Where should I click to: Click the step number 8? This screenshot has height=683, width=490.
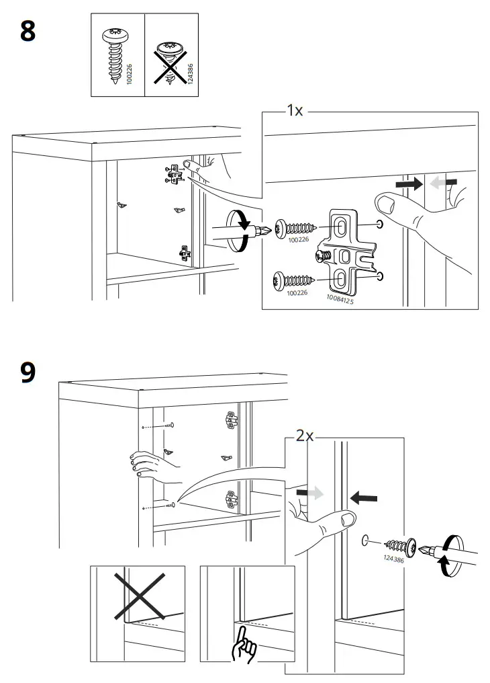28,32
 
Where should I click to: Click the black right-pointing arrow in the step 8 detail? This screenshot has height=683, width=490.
407,183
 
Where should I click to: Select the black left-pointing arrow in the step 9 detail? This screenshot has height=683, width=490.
364,498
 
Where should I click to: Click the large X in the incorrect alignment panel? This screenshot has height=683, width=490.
140,594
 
